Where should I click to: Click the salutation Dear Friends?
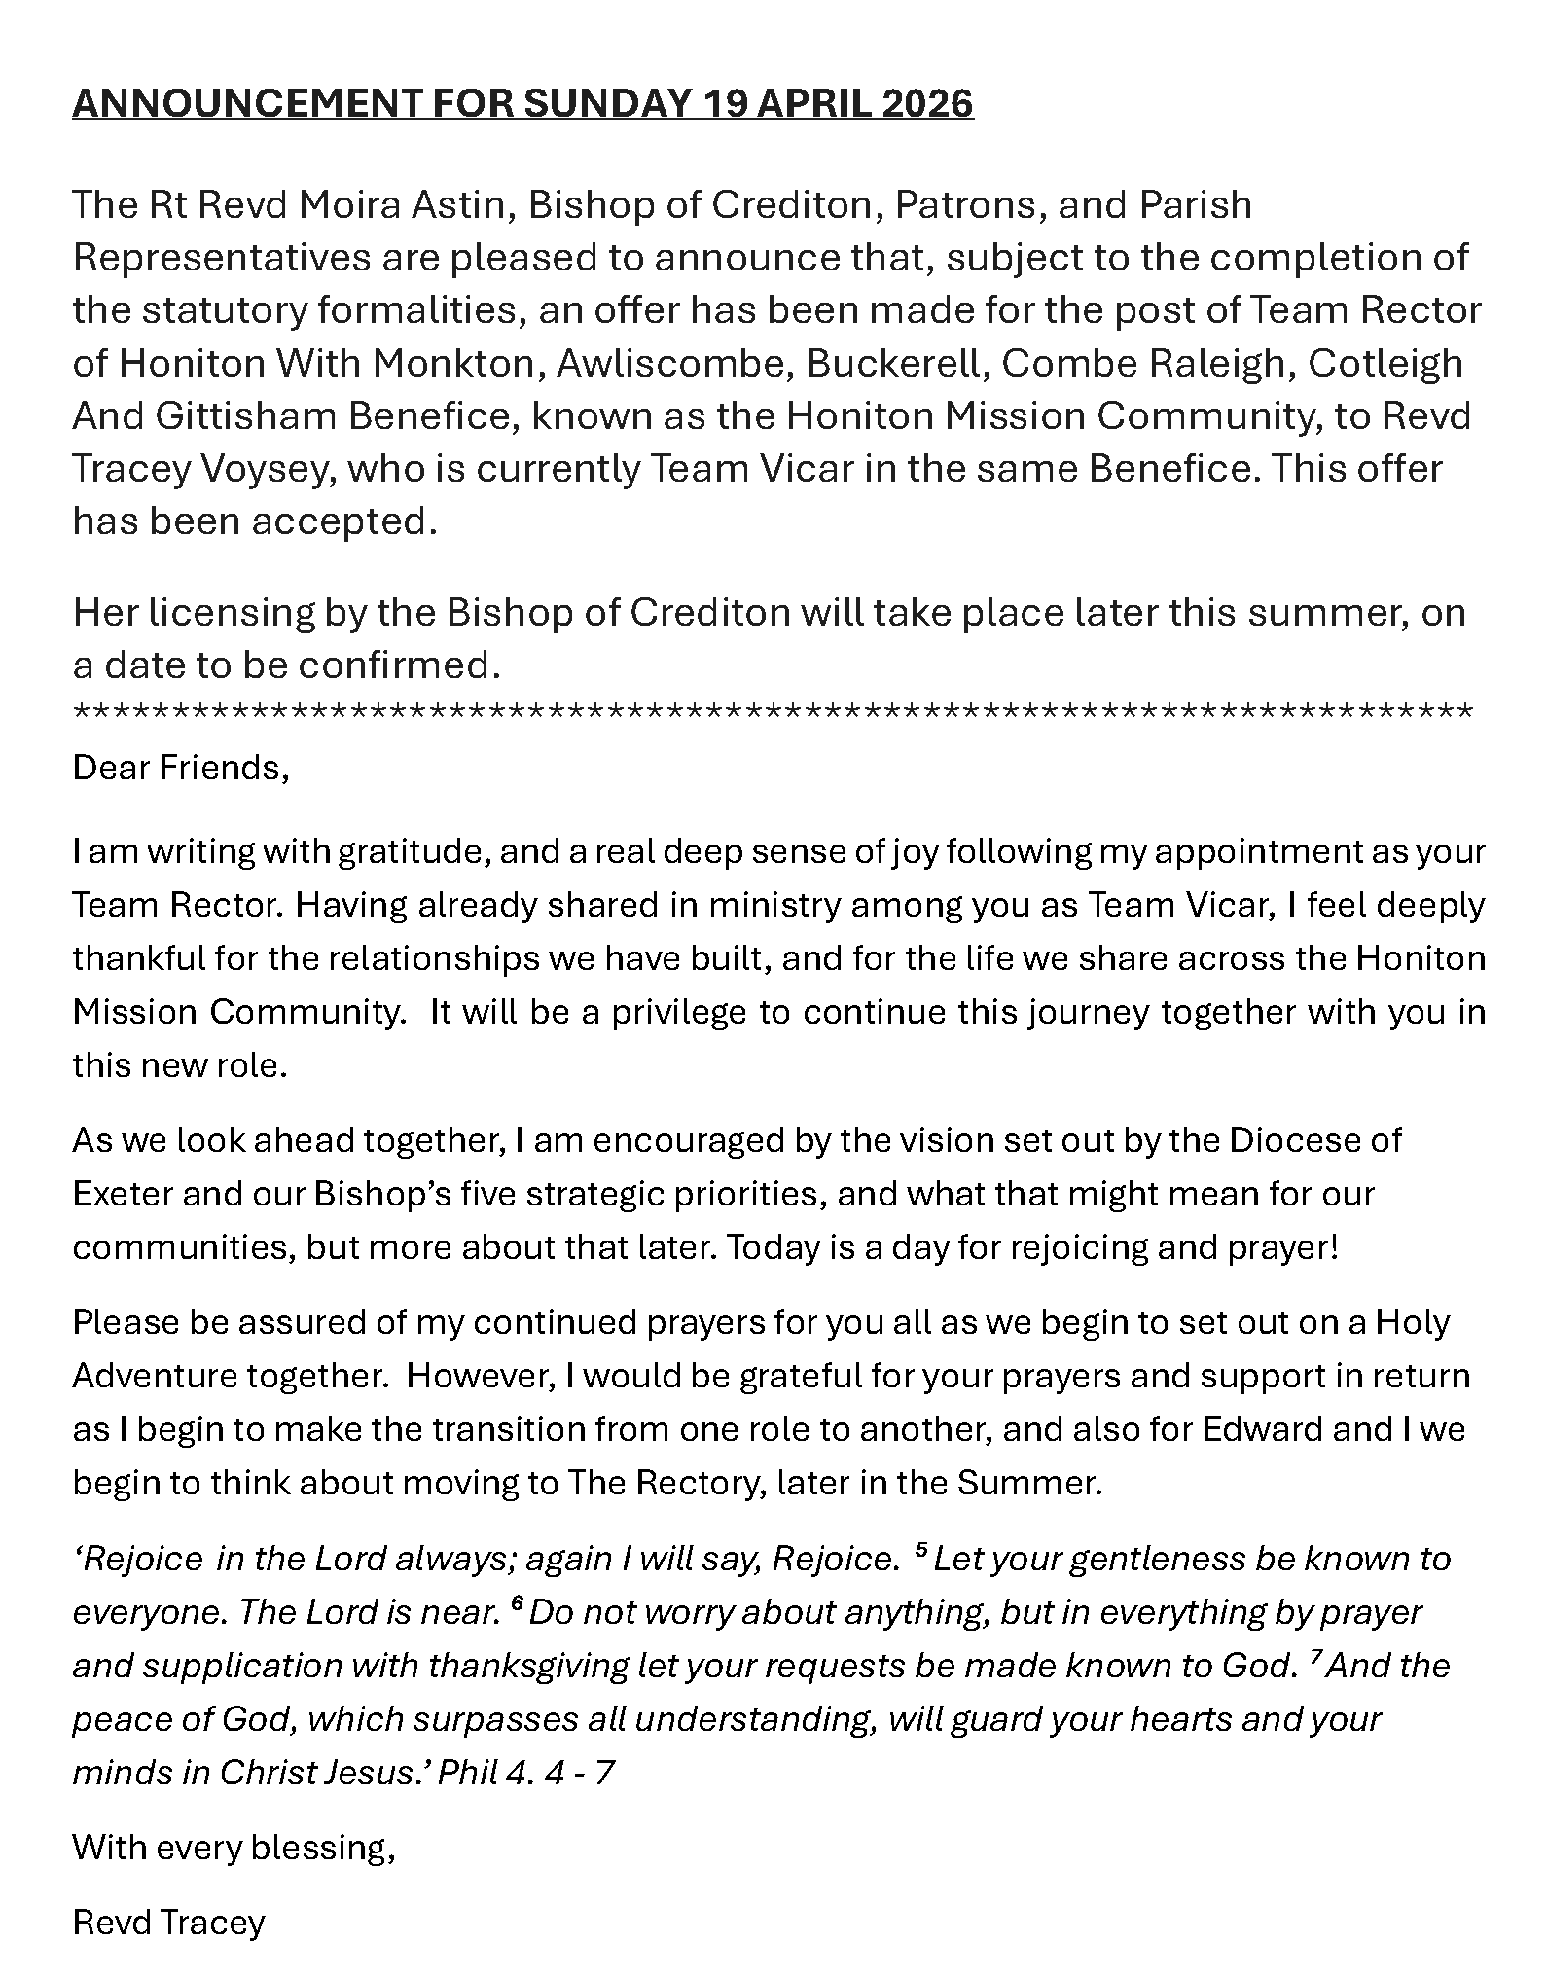(181, 769)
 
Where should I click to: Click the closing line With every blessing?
(234, 1847)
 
